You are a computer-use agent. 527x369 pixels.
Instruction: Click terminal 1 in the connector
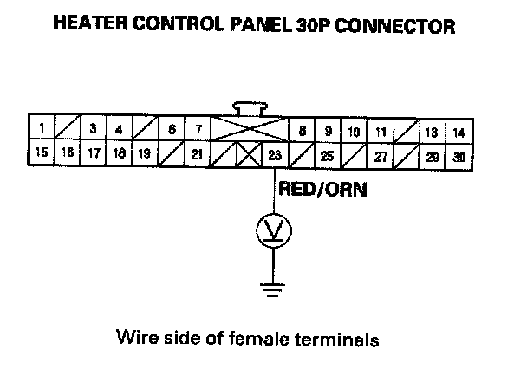(x=42, y=132)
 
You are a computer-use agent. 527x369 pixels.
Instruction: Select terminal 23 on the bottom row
(x=275, y=157)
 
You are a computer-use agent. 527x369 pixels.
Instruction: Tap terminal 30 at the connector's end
(x=459, y=157)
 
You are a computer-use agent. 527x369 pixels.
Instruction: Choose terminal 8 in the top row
(x=302, y=132)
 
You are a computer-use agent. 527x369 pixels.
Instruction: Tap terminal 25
(x=328, y=157)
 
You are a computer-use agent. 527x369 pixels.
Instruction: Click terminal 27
(x=380, y=157)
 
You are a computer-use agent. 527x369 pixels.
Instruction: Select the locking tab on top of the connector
(x=251, y=109)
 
